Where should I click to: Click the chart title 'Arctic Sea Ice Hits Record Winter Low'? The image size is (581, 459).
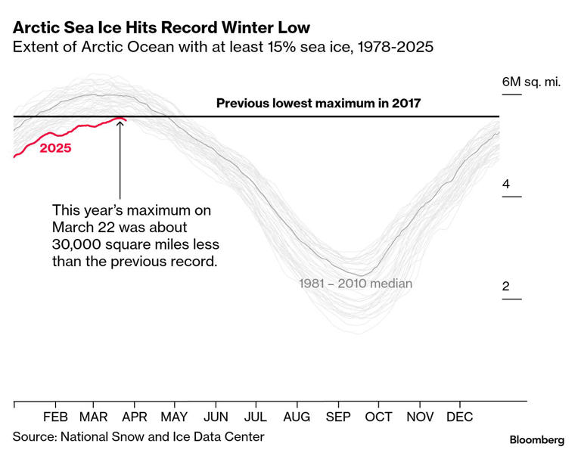(x=161, y=28)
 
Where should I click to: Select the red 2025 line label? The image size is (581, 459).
(x=55, y=148)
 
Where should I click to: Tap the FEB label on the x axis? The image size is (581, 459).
(x=55, y=417)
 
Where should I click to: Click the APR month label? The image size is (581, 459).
(x=134, y=417)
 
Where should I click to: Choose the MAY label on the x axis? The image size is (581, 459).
(x=174, y=417)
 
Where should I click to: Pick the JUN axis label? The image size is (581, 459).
(x=216, y=417)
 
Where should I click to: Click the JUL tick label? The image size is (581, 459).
(x=256, y=417)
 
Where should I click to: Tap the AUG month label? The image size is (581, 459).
(x=297, y=417)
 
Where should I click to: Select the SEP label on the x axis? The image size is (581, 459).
(x=338, y=417)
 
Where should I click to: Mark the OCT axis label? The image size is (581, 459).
(x=378, y=417)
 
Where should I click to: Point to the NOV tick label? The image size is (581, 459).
(x=419, y=417)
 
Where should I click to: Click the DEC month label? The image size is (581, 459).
(x=460, y=417)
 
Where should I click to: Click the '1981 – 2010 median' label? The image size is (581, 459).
(x=356, y=284)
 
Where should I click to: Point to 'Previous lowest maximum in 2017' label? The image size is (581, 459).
(x=318, y=103)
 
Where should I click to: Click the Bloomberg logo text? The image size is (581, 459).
(x=537, y=439)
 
